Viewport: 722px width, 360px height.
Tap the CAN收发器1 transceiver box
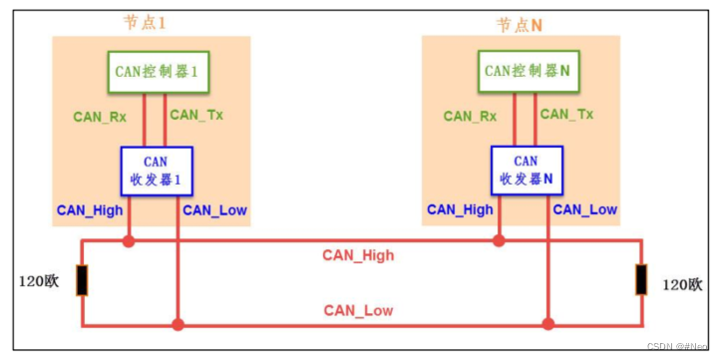(156, 170)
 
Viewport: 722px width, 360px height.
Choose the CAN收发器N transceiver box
(526, 170)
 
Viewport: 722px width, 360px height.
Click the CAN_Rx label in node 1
(100, 116)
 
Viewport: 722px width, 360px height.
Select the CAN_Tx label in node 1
(196, 115)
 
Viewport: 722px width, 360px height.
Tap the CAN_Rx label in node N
(470, 116)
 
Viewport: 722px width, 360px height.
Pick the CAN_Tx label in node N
(566, 115)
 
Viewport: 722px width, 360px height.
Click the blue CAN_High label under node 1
(89, 209)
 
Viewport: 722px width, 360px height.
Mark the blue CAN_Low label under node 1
(214, 209)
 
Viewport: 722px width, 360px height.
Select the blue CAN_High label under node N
(460, 209)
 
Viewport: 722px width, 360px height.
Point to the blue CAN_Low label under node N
(585, 209)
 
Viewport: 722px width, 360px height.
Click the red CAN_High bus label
(358, 255)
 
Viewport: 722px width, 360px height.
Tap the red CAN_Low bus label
(358, 310)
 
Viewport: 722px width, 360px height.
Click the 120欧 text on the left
(39, 281)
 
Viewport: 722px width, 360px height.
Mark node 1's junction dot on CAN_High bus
(128, 240)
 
